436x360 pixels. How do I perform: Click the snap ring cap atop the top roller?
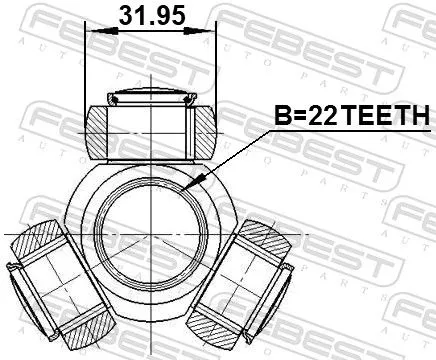click(x=152, y=97)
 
